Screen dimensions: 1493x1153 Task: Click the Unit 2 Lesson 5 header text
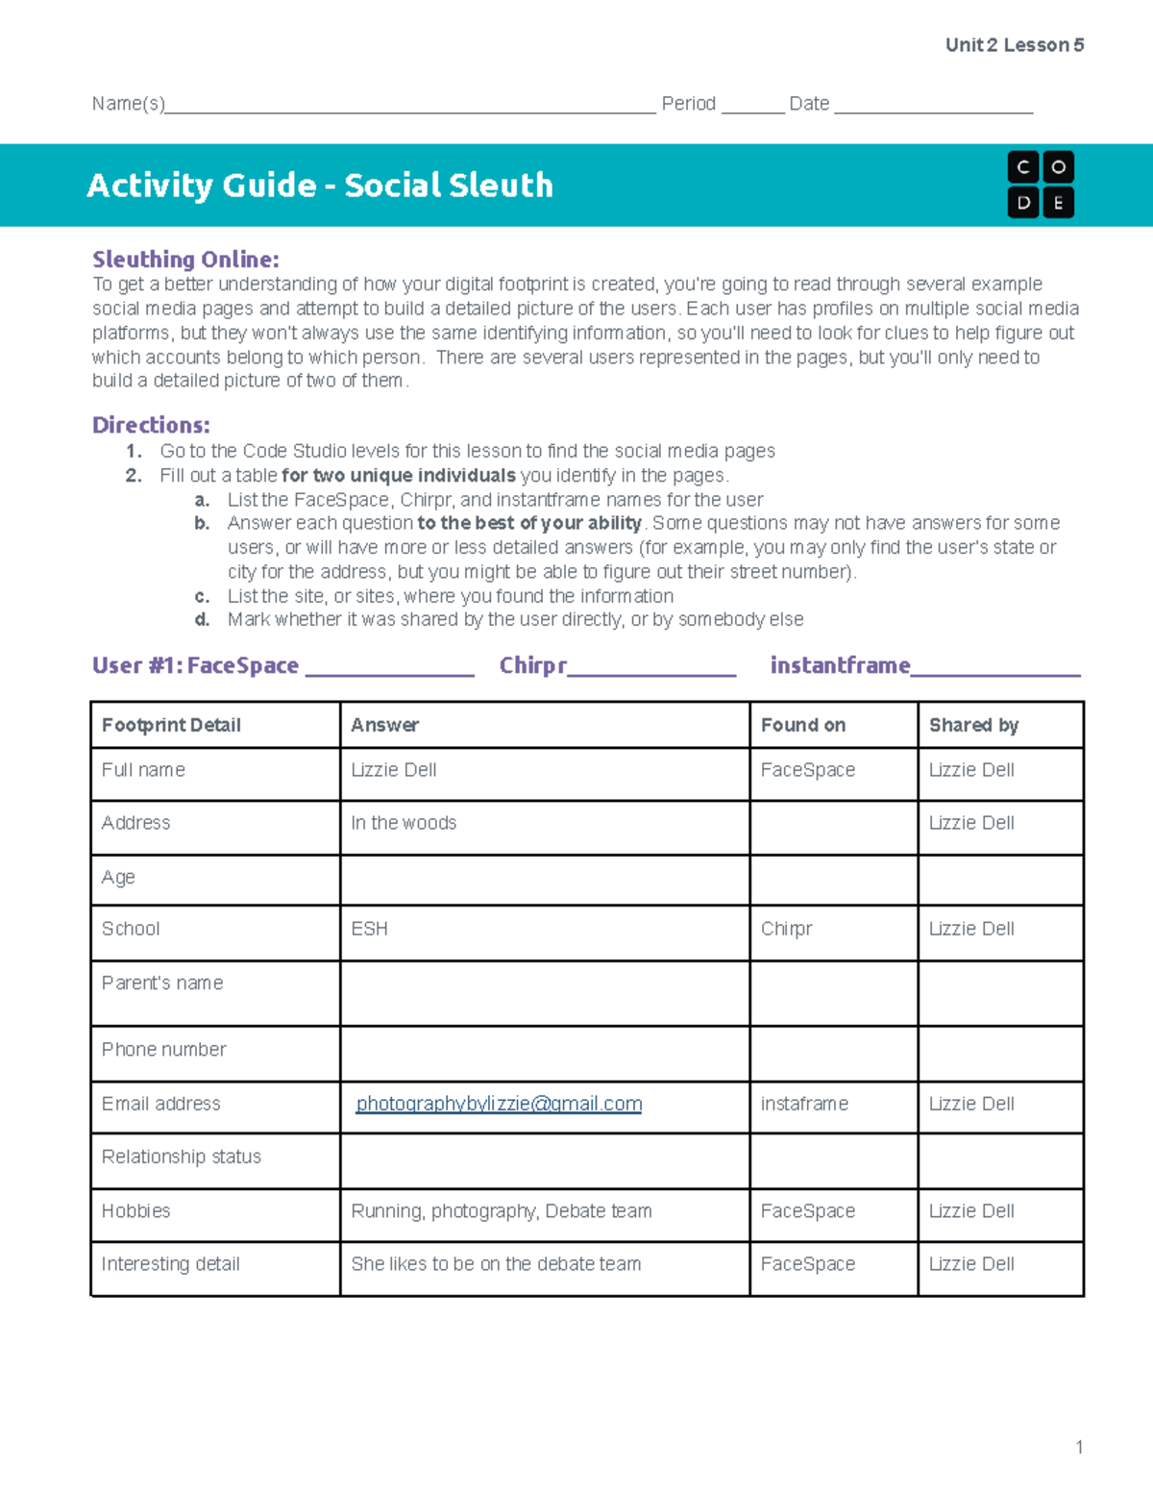pos(1014,45)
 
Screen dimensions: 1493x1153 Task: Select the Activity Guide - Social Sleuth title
pos(320,185)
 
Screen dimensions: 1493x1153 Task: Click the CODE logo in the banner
pos(1041,185)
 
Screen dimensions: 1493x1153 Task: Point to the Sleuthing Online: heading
pos(185,260)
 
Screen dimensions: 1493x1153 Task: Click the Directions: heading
pos(151,425)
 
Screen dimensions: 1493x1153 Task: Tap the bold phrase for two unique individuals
pos(399,475)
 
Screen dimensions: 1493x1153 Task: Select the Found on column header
pos(803,725)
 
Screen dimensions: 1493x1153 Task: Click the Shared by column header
pos(973,725)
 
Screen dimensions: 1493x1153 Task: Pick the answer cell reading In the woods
pos(404,823)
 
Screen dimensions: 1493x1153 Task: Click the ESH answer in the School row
pos(370,929)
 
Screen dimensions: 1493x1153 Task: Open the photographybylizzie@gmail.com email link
pos(499,1104)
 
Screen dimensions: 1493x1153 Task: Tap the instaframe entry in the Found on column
pos(804,1104)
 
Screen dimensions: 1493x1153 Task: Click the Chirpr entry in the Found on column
pos(786,929)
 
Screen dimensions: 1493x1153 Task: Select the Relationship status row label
pos(182,1157)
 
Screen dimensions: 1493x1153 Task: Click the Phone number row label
pos(164,1050)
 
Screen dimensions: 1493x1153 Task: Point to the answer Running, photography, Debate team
pos(502,1211)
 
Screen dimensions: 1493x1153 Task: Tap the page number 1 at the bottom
pos(1079,1447)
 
